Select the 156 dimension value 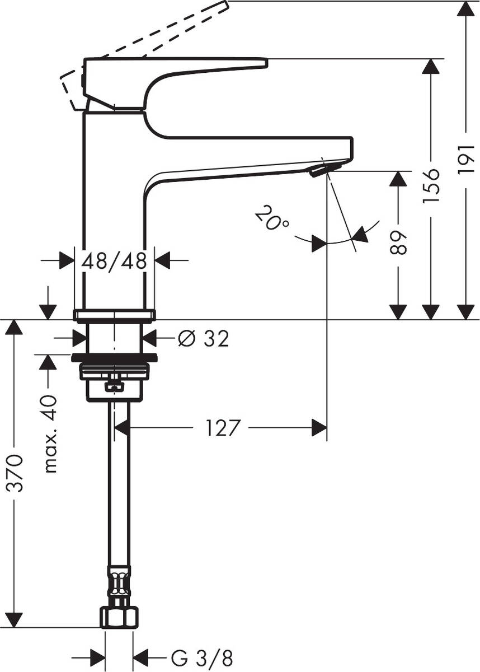click(x=431, y=184)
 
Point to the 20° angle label click(x=271, y=219)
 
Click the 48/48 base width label click(x=114, y=260)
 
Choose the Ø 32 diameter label click(x=203, y=338)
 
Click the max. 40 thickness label click(x=50, y=433)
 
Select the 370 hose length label click(x=16, y=473)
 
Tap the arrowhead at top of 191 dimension click(x=465, y=9)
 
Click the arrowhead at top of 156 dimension click(x=430, y=66)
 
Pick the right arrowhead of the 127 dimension click(x=319, y=429)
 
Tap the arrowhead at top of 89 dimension click(x=398, y=179)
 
